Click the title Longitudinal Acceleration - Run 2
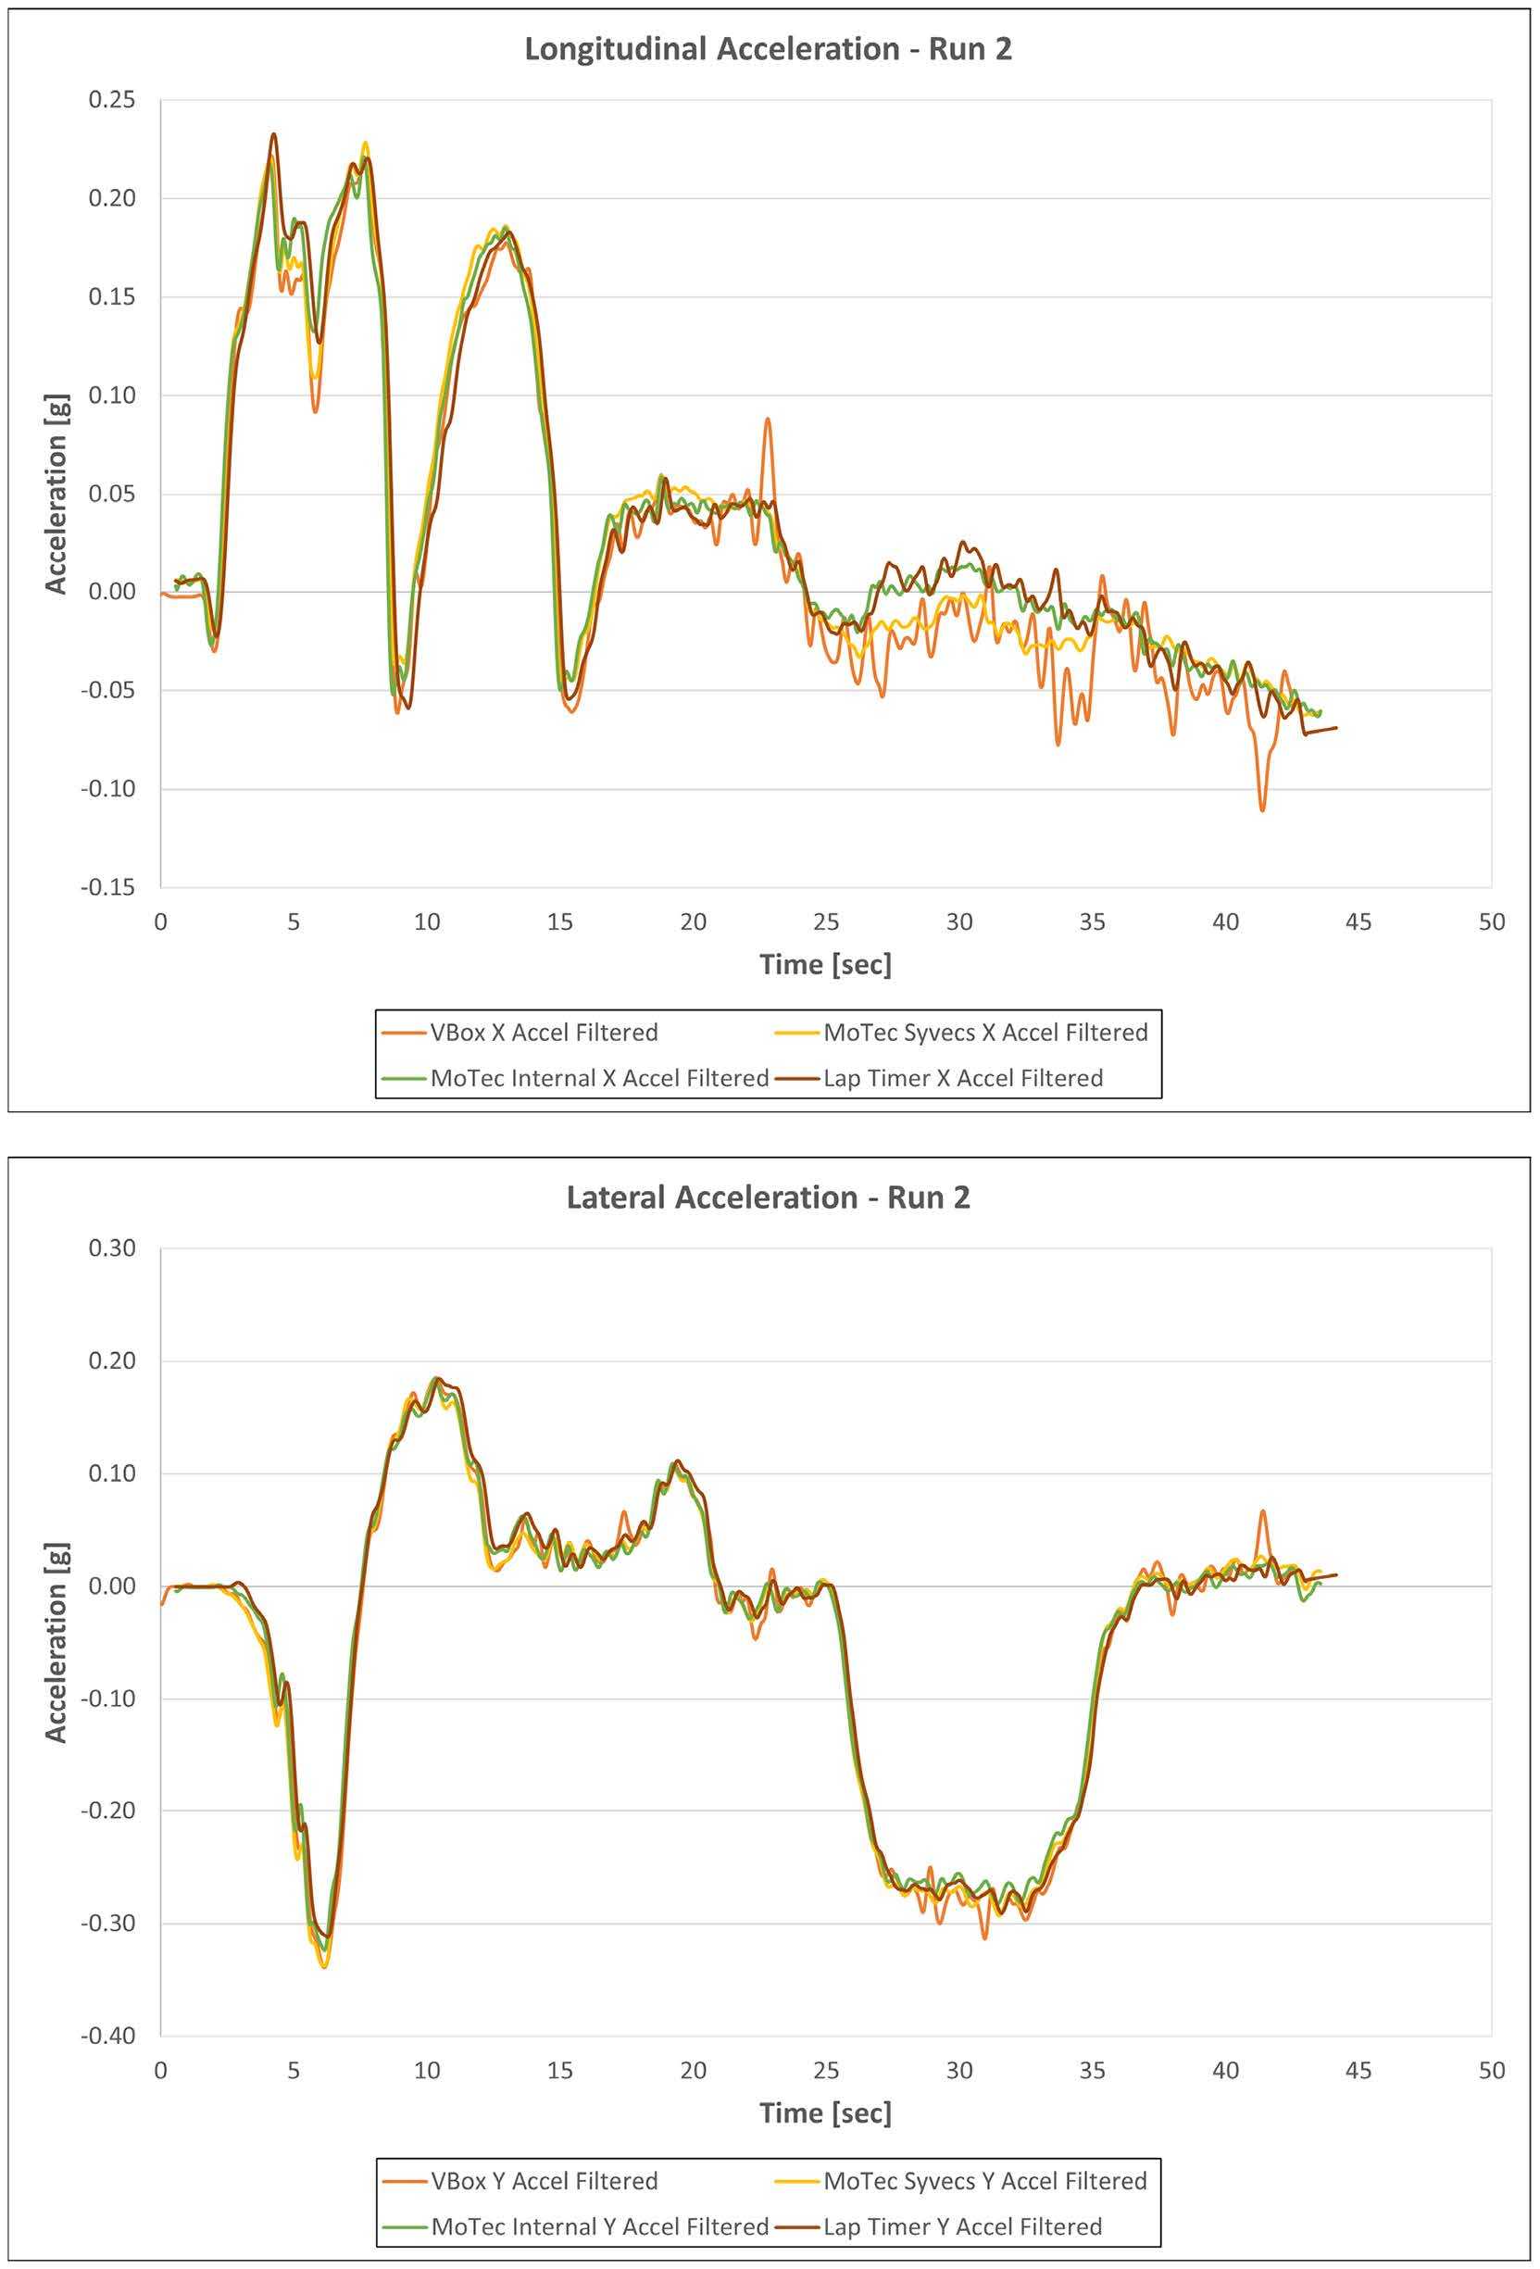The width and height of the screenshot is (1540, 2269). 768,49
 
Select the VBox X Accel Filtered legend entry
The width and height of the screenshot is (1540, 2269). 543,1032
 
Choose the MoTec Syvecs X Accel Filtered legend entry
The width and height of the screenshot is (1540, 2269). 984,1032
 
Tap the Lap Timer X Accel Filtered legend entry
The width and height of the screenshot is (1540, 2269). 962,1078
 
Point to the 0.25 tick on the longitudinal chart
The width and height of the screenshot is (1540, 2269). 111,100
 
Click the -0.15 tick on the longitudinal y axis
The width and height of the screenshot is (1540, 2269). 107,887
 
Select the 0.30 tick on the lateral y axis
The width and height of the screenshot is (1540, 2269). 111,1247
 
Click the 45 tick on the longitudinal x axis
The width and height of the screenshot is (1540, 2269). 1358,921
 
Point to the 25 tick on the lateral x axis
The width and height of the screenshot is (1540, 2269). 826,2070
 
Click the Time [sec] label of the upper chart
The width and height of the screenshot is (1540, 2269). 825,965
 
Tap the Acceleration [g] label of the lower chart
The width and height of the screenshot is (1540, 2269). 56,1642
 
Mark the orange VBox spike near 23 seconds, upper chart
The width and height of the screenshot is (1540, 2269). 768,420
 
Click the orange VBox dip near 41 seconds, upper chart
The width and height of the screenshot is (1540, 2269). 1263,809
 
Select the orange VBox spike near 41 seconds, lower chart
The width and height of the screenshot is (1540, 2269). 1263,1512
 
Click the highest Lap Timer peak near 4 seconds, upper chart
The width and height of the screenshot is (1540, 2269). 273,134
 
